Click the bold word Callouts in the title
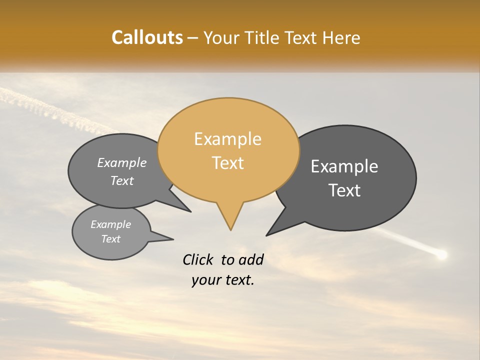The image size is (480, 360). tap(147, 37)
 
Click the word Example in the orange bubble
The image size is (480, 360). tap(227, 139)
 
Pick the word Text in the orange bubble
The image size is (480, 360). tap(227, 163)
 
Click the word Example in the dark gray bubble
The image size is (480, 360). tap(344, 166)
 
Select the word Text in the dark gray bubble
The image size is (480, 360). tap(344, 190)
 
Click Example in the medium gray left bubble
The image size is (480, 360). tap(122, 163)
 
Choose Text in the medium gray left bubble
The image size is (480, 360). tap(122, 181)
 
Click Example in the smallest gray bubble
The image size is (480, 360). tap(111, 224)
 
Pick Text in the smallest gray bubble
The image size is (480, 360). tap(111, 239)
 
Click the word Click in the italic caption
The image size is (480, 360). tap(198, 259)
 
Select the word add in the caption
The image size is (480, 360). tap(251, 259)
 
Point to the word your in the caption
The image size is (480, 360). tap(206, 280)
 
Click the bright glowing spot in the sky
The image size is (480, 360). tap(441, 255)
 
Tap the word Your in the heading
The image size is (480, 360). tap(221, 37)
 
